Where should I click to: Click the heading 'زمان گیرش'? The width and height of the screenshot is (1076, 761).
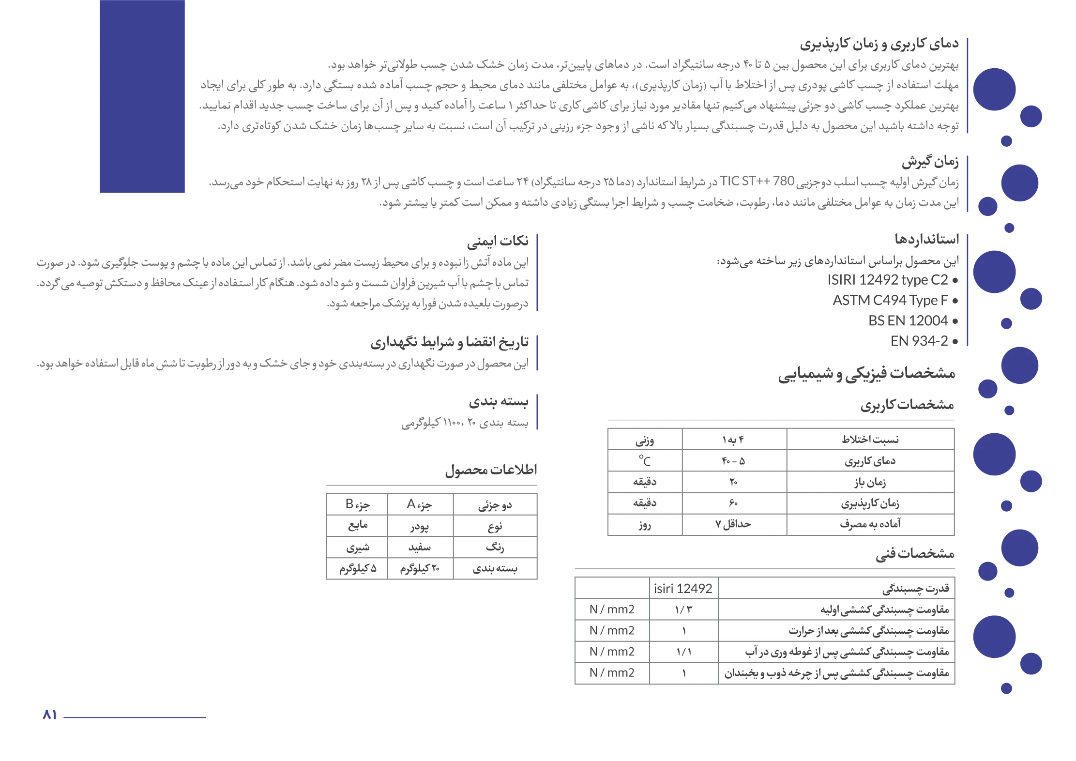click(x=929, y=161)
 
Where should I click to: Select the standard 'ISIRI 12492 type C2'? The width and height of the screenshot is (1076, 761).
click(x=887, y=280)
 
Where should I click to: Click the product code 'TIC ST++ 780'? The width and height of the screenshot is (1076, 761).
click(x=757, y=182)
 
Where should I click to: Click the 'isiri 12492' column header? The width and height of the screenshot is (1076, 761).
click(x=683, y=589)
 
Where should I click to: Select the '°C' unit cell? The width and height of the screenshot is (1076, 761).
click(x=645, y=461)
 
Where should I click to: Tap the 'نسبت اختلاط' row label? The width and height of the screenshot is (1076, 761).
click(x=870, y=440)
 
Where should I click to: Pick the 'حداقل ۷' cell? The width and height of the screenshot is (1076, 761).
click(x=733, y=524)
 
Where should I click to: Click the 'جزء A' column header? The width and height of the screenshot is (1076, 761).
click(x=419, y=505)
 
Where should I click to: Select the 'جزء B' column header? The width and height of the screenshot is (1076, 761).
click(x=357, y=505)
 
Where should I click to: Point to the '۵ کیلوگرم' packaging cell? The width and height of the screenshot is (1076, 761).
click(x=357, y=568)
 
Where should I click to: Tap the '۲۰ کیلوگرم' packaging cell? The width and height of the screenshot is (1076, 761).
click(x=419, y=568)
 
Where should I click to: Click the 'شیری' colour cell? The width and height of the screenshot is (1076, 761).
click(x=357, y=548)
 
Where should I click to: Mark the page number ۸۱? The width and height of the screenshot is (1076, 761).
click(x=49, y=715)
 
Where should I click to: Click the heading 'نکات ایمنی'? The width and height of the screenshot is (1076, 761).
click(x=497, y=241)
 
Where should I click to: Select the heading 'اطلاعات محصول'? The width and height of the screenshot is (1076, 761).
click(x=491, y=470)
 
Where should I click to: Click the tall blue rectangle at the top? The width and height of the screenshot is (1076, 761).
click(x=142, y=96)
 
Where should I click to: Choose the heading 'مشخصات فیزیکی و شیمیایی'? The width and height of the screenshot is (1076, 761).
click(x=866, y=373)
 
